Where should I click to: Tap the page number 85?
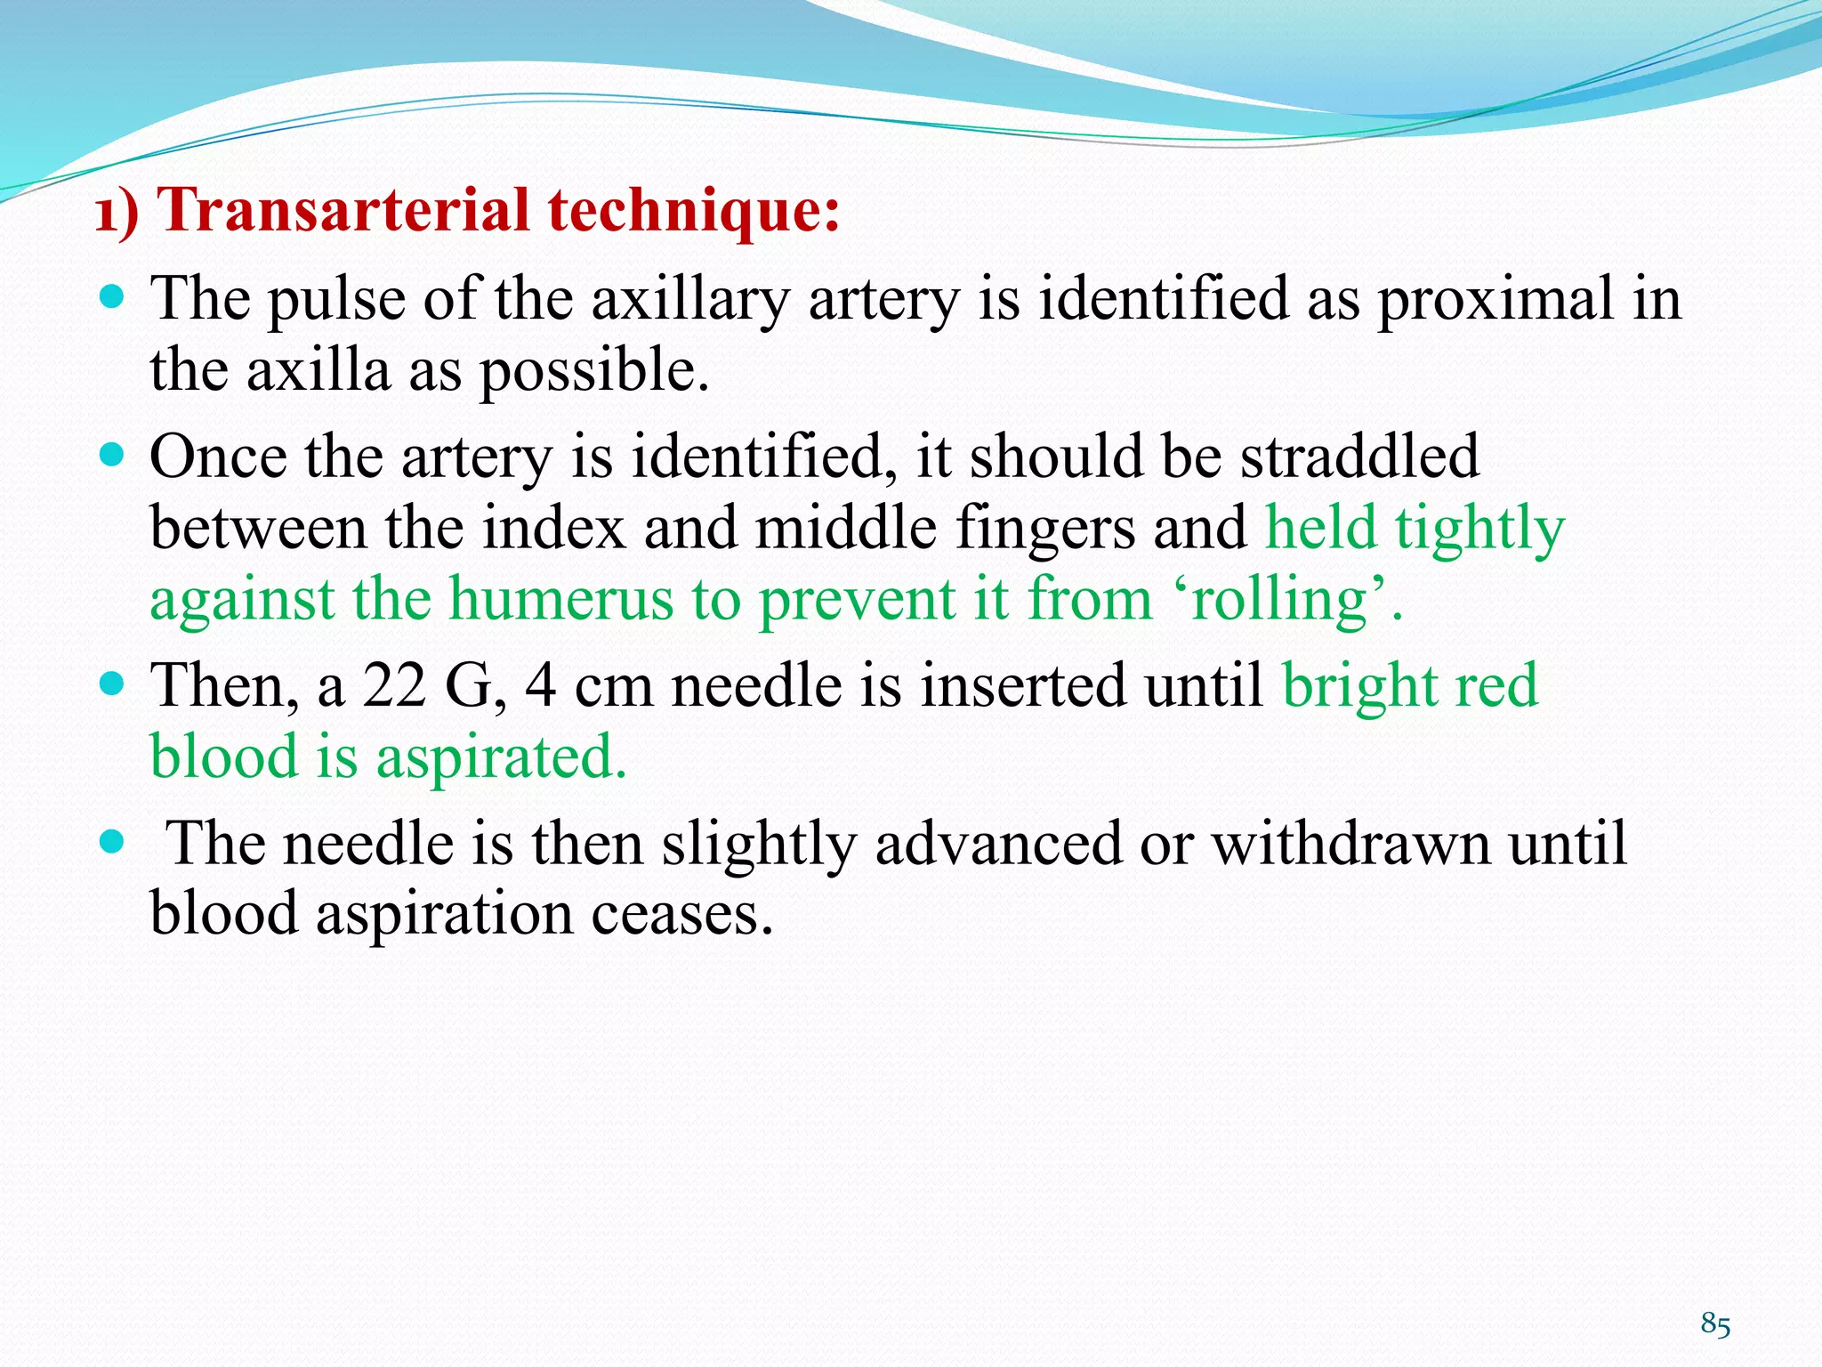[x=1715, y=1324]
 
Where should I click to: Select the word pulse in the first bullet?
[x=336, y=299]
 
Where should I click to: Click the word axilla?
[x=318, y=370]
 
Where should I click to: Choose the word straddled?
[x=1359, y=457]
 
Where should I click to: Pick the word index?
[x=555, y=528]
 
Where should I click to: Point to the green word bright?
[x=1358, y=688]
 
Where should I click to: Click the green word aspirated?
[x=501, y=758]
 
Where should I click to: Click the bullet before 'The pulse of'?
[x=112, y=297]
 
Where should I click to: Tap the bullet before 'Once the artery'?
[x=112, y=456]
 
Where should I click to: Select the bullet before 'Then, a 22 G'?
[x=112, y=684]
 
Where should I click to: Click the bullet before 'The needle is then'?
[x=112, y=841]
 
